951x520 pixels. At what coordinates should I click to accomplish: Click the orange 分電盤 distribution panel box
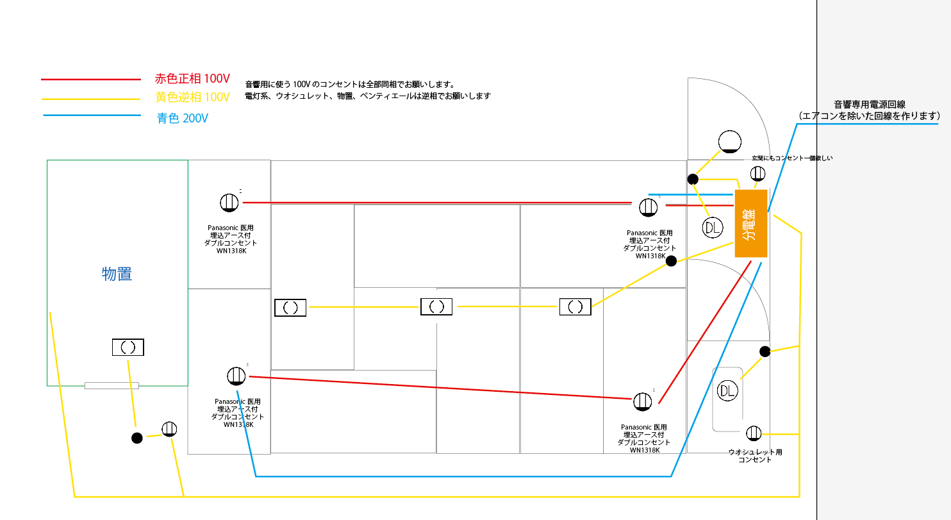pyautogui.click(x=751, y=223)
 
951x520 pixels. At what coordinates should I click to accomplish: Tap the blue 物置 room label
pyautogui.click(x=117, y=274)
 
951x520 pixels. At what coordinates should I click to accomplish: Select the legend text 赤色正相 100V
pyautogui.click(x=192, y=79)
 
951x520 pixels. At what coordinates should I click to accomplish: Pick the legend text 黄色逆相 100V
pyautogui.click(x=192, y=97)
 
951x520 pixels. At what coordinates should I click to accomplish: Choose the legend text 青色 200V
pyautogui.click(x=183, y=119)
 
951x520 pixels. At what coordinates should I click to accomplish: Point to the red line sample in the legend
pyautogui.click(x=90, y=80)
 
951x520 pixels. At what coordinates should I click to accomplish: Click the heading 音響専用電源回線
pyautogui.click(x=869, y=105)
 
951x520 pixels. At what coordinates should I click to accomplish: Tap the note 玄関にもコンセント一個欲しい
pyautogui.click(x=792, y=158)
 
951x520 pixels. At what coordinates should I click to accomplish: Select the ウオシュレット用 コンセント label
pyautogui.click(x=755, y=456)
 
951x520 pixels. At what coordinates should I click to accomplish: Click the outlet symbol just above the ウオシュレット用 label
pyautogui.click(x=754, y=433)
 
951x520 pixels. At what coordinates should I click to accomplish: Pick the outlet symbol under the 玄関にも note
pyautogui.click(x=757, y=173)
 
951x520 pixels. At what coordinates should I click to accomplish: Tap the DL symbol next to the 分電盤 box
pyautogui.click(x=713, y=228)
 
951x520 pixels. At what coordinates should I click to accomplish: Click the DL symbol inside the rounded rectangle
pyautogui.click(x=727, y=390)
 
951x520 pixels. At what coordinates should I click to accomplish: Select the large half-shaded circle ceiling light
pyautogui.click(x=730, y=142)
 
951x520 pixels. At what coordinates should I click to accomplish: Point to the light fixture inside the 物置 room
pyautogui.click(x=128, y=348)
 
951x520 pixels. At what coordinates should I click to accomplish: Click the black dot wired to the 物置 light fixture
pyautogui.click(x=136, y=438)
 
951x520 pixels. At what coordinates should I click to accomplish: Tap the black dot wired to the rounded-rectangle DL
pyautogui.click(x=765, y=351)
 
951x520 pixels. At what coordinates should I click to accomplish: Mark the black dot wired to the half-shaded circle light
pyautogui.click(x=693, y=179)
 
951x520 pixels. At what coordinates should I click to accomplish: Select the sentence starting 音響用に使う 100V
pyautogui.click(x=350, y=84)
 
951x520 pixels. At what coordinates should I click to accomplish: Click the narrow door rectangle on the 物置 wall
pyautogui.click(x=112, y=385)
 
